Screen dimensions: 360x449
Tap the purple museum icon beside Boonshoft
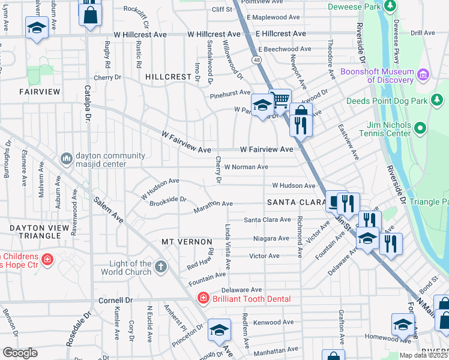coord(424,74)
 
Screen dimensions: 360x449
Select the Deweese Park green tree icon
coord(390,7)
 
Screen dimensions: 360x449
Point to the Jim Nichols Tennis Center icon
coord(420,128)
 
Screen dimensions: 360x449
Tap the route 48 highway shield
coord(256,60)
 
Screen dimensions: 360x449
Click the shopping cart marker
coord(280,100)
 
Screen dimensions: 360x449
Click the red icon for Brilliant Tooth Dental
coord(203,298)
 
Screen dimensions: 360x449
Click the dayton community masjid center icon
coord(65,158)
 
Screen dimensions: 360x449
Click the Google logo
coord(20,352)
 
